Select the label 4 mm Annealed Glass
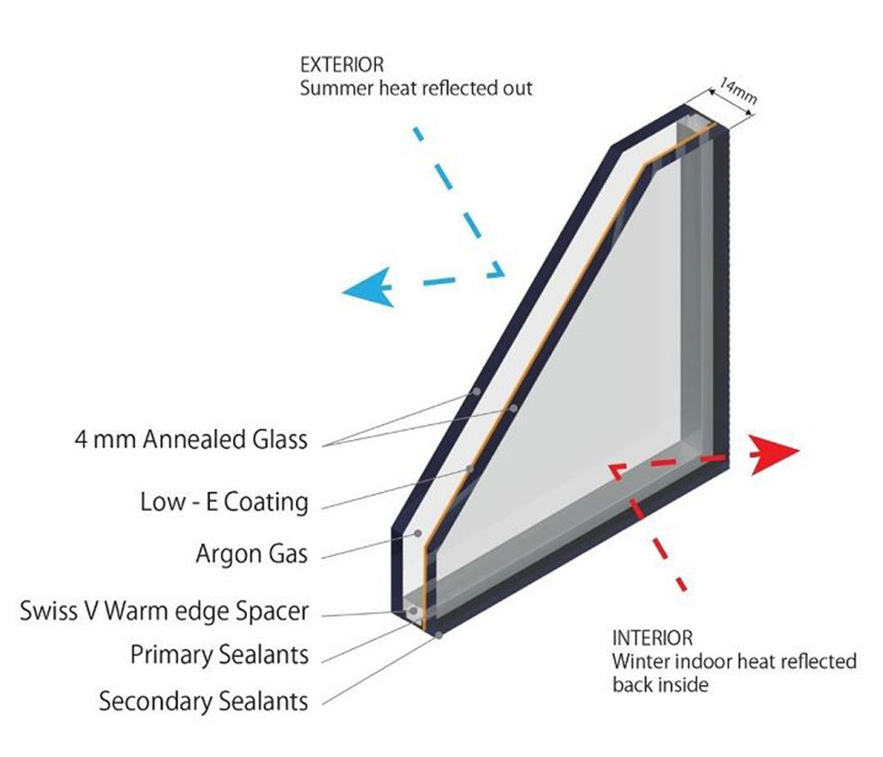(x=191, y=439)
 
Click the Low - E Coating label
(x=225, y=502)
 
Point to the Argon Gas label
(x=253, y=553)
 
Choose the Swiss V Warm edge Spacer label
(x=164, y=611)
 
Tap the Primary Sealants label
(x=220, y=655)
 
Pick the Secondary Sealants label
(x=204, y=701)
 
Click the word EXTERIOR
(x=342, y=65)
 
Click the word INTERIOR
(x=652, y=638)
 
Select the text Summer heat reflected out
(x=416, y=88)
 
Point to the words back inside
(x=661, y=685)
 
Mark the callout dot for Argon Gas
(x=418, y=533)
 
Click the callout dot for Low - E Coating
(x=469, y=468)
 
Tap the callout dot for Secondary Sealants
(x=439, y=634)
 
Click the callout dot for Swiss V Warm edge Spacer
(x=414, y=611)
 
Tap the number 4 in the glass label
(x=81, y=440)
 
